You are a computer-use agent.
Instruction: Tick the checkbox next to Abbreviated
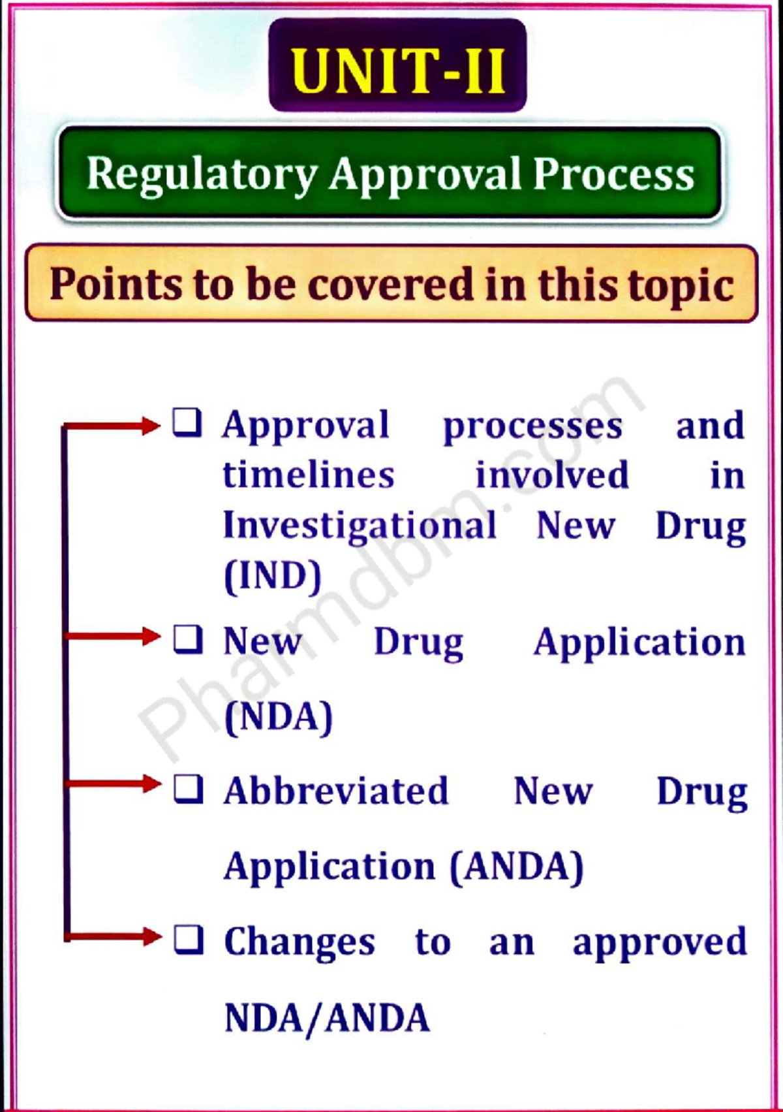click(189, 790)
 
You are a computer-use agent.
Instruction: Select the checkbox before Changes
click(189, 940)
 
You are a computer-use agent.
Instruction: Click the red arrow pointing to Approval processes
click(112, 426)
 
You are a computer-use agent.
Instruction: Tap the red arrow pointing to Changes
click(113, 937)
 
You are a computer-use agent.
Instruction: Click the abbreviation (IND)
click(273, 577)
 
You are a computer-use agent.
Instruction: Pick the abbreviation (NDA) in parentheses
click(279, 718)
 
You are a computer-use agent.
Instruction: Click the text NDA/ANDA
click(327, 1018)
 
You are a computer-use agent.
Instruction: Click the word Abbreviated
click(337, 790)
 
